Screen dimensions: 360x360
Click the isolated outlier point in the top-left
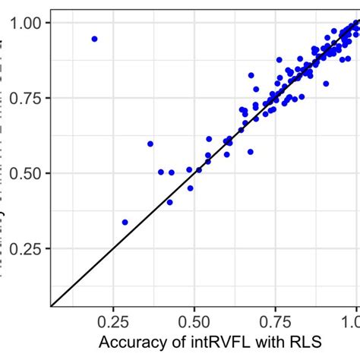(94, 38)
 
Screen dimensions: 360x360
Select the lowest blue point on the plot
(125, 222)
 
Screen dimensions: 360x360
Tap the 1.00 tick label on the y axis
(27, 23)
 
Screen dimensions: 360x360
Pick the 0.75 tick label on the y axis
(27, 98)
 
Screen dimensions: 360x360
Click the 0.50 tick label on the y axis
(27, 173)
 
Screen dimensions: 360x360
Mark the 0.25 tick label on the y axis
(27, 248)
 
